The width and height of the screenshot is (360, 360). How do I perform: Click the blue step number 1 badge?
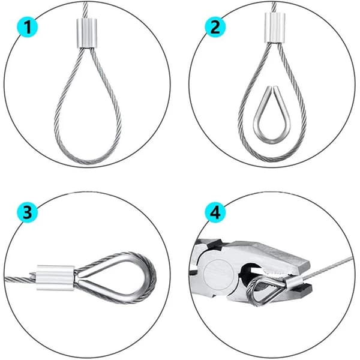28,28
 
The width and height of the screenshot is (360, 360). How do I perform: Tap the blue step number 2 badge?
215,28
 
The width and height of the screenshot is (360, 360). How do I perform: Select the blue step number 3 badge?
28,212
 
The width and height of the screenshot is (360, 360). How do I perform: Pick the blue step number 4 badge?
215,212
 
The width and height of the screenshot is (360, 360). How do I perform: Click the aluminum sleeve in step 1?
87,33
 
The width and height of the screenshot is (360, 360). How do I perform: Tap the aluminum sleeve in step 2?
275,28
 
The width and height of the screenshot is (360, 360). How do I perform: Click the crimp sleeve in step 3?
55,278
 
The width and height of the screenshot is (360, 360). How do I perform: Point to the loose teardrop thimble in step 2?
272,115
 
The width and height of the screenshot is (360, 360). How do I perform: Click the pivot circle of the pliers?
217,272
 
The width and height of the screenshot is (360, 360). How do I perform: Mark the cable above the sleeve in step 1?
85,10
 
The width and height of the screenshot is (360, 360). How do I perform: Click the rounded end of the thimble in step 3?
151,278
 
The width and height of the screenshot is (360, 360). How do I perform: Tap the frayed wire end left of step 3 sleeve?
32,275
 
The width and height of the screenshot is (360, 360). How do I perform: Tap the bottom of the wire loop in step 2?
273,158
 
